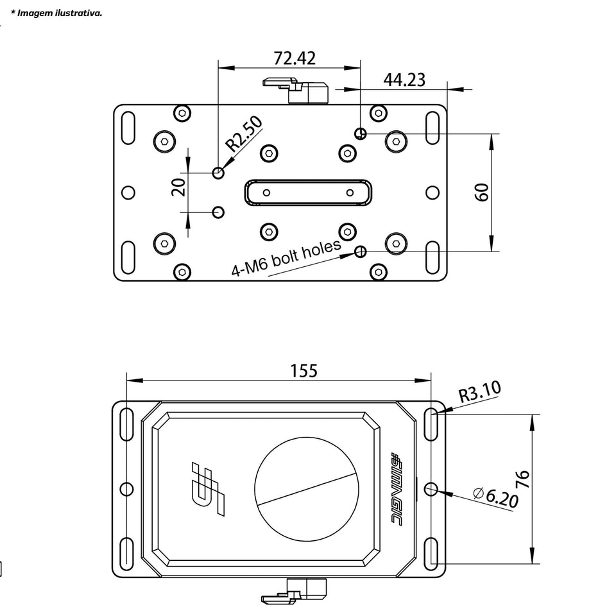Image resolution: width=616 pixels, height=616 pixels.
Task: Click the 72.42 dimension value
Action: tap(295, 58)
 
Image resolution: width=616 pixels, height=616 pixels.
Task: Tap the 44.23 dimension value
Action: tap(404, 80)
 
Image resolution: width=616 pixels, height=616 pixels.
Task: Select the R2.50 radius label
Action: tap(244, 133)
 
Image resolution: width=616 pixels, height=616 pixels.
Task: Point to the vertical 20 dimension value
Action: tap(179, 186)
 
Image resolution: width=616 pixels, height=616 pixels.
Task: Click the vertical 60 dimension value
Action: tap(482, 192)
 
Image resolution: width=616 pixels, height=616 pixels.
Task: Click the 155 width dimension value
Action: tap(304, 371)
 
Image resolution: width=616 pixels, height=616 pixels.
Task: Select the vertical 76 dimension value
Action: tap(523, 480)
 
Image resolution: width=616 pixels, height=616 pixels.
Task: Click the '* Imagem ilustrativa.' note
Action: tap(56, 13)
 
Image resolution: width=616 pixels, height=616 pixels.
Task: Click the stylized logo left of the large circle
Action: tap(210, 488)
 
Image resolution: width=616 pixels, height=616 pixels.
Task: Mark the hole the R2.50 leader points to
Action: tap(219, 172)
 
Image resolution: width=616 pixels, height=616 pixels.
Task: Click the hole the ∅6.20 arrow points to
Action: tap(431, 490)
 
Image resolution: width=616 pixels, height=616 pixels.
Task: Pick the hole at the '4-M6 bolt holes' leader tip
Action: tap(361, 251)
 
